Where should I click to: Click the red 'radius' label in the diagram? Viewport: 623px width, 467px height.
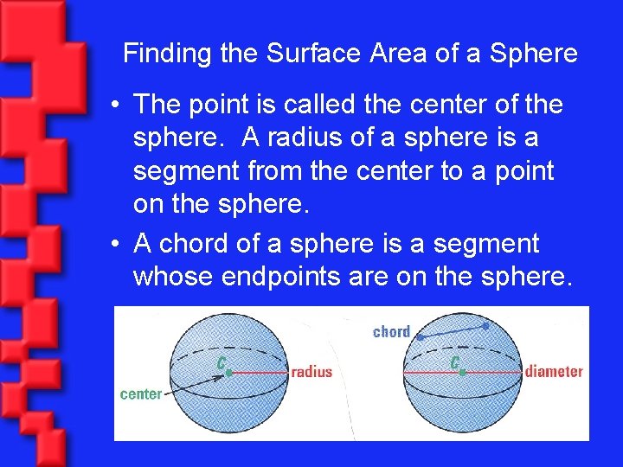[311, 372]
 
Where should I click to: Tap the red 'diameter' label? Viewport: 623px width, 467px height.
[554, 372]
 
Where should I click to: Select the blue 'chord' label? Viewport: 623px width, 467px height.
[391, 331]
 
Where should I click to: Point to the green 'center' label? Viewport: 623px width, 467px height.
[141, 394]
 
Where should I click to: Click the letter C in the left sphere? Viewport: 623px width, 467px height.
[221, 362]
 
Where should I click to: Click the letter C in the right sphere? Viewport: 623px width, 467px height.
[454, 362]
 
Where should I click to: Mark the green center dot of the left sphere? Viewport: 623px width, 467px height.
[229, 372]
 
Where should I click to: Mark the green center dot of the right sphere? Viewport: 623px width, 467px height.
[463, 372]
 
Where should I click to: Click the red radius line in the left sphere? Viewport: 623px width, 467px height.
[258, 372]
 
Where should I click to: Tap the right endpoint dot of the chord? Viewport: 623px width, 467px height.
[485, 326]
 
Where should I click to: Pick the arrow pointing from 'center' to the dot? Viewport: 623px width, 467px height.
[195, 384]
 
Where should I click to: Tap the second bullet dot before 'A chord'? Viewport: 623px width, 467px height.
[115, 246]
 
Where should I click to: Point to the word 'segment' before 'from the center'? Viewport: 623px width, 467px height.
[187, 172]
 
